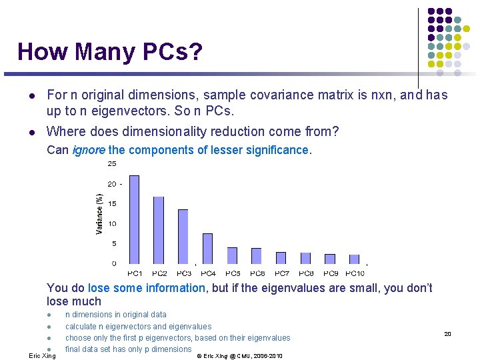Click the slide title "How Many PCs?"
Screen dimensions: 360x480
pyautogui.click(x=109, y=51)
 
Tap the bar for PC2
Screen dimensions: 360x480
pyautogui.click(x=159, y=229)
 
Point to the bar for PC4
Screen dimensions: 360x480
pyautogui.click(x=207, y=248)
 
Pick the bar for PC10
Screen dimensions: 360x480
pyautogui.click(x=355, y=259)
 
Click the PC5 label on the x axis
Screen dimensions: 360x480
pyautogui.click(x=233, y=273)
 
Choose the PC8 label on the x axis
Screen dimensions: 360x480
pyautogui.click(x=306, y=273)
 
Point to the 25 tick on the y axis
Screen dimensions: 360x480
pyautogui.click(x=112, y=164)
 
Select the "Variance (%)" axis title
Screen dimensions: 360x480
pyautogui.click(x=99, y=213)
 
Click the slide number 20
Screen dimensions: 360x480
pyautogui.click(x=448, y=334)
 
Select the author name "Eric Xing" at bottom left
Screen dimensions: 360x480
pyautogui.click(x=43, y=356)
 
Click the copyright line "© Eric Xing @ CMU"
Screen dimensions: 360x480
pyautogui.click(x=240, y=356)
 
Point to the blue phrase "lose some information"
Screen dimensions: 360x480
pyautogui.click(x=147, y=288)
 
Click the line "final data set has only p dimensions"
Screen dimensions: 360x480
pyautogui.click(x=128, y=349)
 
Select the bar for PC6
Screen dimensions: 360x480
pyautogui.click(x=257, y=255)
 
